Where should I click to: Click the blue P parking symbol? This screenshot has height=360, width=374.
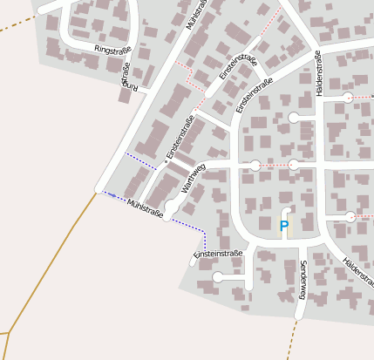click(x=283, y=226)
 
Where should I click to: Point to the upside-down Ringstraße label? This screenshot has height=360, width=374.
click(x=129, y=77)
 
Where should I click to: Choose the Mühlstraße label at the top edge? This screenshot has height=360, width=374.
click(x=197, y=14)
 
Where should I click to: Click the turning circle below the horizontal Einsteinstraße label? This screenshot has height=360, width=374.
click(x=216, y=278)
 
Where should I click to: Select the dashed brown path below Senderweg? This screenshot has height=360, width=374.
click(x=292, y=340)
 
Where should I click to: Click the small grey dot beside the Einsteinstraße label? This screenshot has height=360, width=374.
click(x=165, y=163)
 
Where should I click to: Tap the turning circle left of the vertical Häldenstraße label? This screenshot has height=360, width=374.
click(x=294, y=117)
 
